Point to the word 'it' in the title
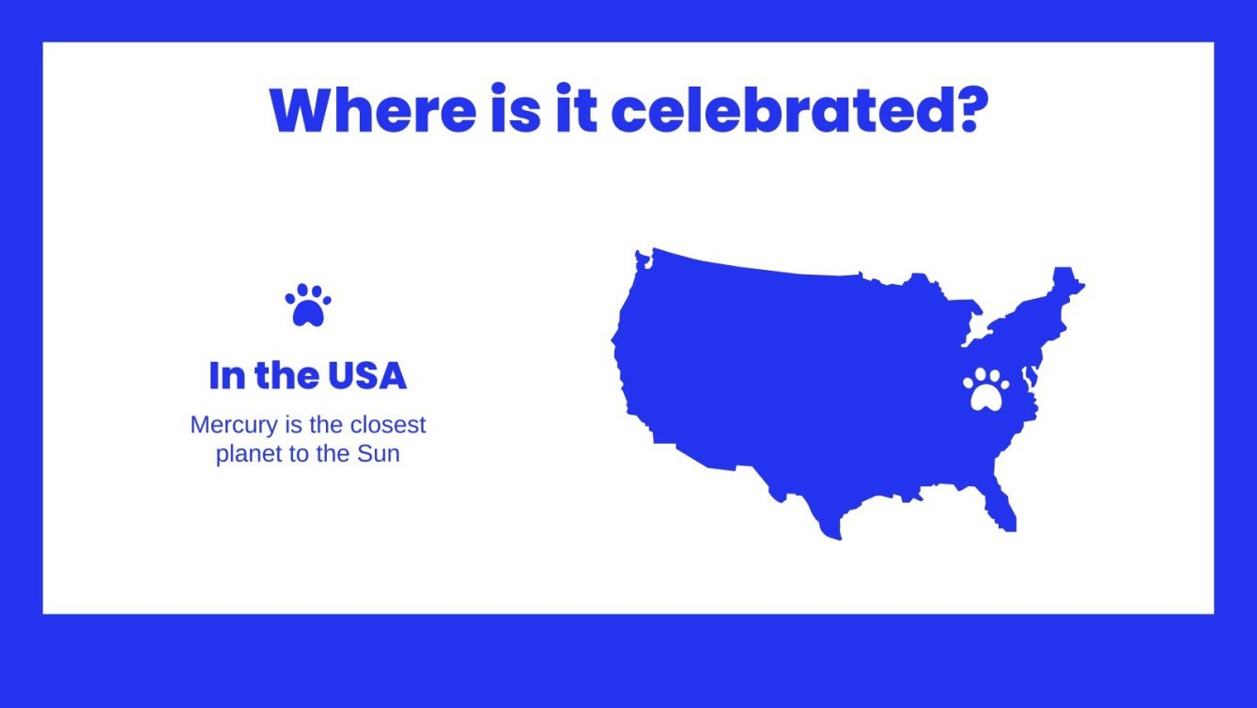[x=575, y=110]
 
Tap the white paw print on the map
[x=985, y=389]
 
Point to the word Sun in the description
[x=379, y=454]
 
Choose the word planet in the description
[x=245, y=454]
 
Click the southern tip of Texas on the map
[x=830, y=530]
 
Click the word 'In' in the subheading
[x=225, y=376]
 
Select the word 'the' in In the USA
[x=286, y=376]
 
